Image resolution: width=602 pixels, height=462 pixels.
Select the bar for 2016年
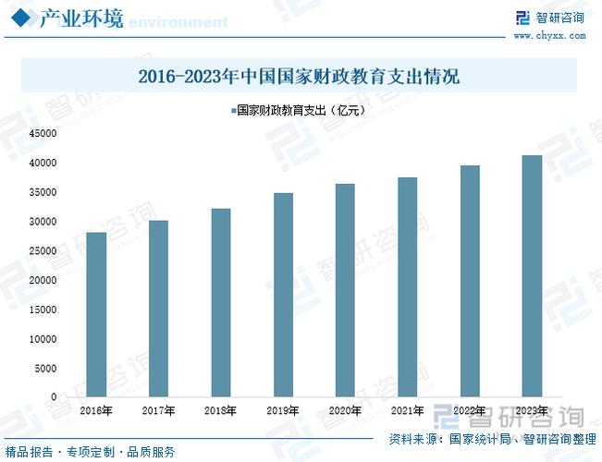[96, 314]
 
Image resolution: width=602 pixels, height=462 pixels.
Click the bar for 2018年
[220, 302]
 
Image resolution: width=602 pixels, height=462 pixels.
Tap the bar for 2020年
[344, 290]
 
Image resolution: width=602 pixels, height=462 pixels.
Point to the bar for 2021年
[407, 286]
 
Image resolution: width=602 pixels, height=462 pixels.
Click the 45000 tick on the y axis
[43, 134]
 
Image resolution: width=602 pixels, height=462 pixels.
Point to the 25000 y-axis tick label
[43, 251]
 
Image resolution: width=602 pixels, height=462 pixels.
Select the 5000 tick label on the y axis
[46, 369]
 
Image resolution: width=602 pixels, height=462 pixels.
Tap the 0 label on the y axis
[54, 397]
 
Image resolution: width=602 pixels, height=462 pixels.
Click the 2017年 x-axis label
[158, 410]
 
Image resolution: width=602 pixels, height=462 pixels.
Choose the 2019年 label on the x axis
[282, 410]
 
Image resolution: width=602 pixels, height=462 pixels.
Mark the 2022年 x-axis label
[469, 410]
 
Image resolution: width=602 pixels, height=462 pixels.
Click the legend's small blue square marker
[232, 110]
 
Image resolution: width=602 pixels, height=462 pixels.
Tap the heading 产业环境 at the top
[81, 18]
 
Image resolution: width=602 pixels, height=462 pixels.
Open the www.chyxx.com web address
[549, 36]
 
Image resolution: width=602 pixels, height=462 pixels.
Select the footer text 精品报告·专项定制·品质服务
[90, 452]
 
